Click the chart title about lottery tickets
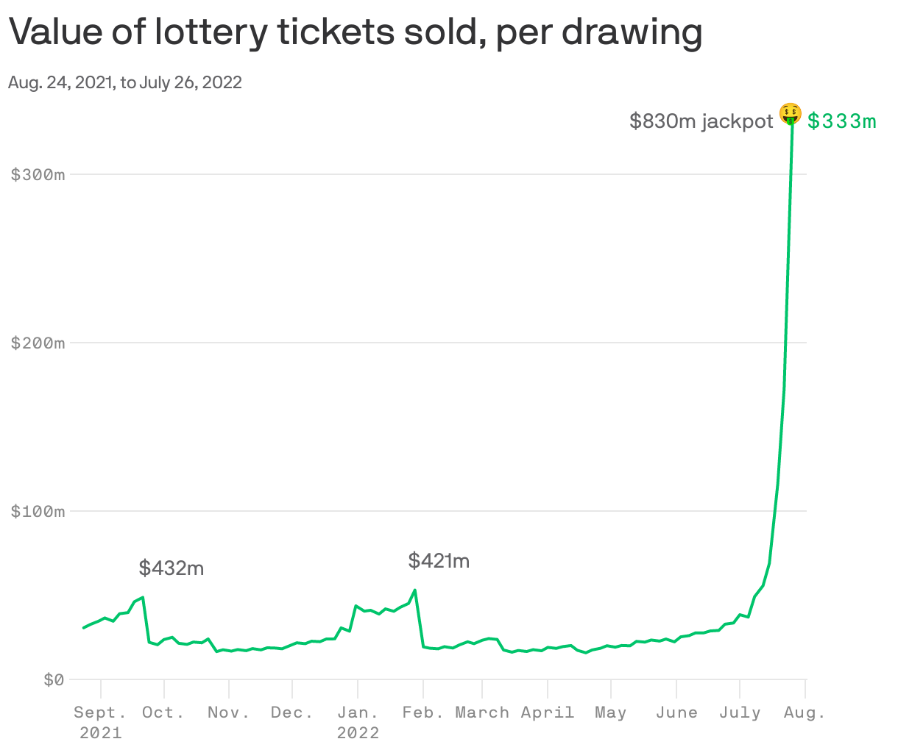(x=355, y=32)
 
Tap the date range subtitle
(x=125, y=82)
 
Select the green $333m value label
(x=842, y=121)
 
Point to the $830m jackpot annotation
(x=701, y=121)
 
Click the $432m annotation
(x=172, y=568)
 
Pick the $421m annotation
(x=439, y=562)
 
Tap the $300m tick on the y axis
(x=38, y=175)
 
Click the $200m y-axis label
(x=38, y=343)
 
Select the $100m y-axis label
(x=38, y=512)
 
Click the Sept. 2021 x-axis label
(x=100, y=722)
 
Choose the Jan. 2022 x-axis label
(x=358, y=722)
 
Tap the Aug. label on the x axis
(x=805, y=712)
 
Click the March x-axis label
(x=482, y=712)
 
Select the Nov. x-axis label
(x=229, y=712)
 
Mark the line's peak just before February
(x=415, y=590)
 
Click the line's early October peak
(x=142, y=597)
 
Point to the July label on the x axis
(x=740, y=712)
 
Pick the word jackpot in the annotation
(x=738, y=121)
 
